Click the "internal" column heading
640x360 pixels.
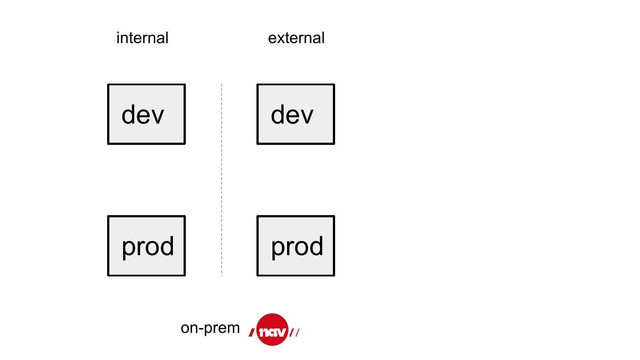[x=142, y=38]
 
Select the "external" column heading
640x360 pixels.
[x=296, y=38]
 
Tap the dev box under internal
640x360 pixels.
[x=146, y=114]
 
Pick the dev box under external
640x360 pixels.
[x=296, y=114]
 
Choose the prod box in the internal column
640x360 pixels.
[x=146, y=246]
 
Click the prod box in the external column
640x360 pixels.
[x=296, y=246]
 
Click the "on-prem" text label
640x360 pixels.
[x=210, y=328]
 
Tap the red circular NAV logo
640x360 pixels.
[x=272, y=330]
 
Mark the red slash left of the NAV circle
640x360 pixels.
[x=252, y=332]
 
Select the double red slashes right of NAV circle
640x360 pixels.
[x=294, y=332]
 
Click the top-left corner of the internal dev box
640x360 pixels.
[x=108, y=84]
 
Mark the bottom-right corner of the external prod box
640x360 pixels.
[x=334, y=275]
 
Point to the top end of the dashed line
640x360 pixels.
[x=221, y=84]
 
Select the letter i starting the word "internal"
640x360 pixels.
[x=118, y=38]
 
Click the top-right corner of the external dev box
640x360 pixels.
[x=334, y=84]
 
